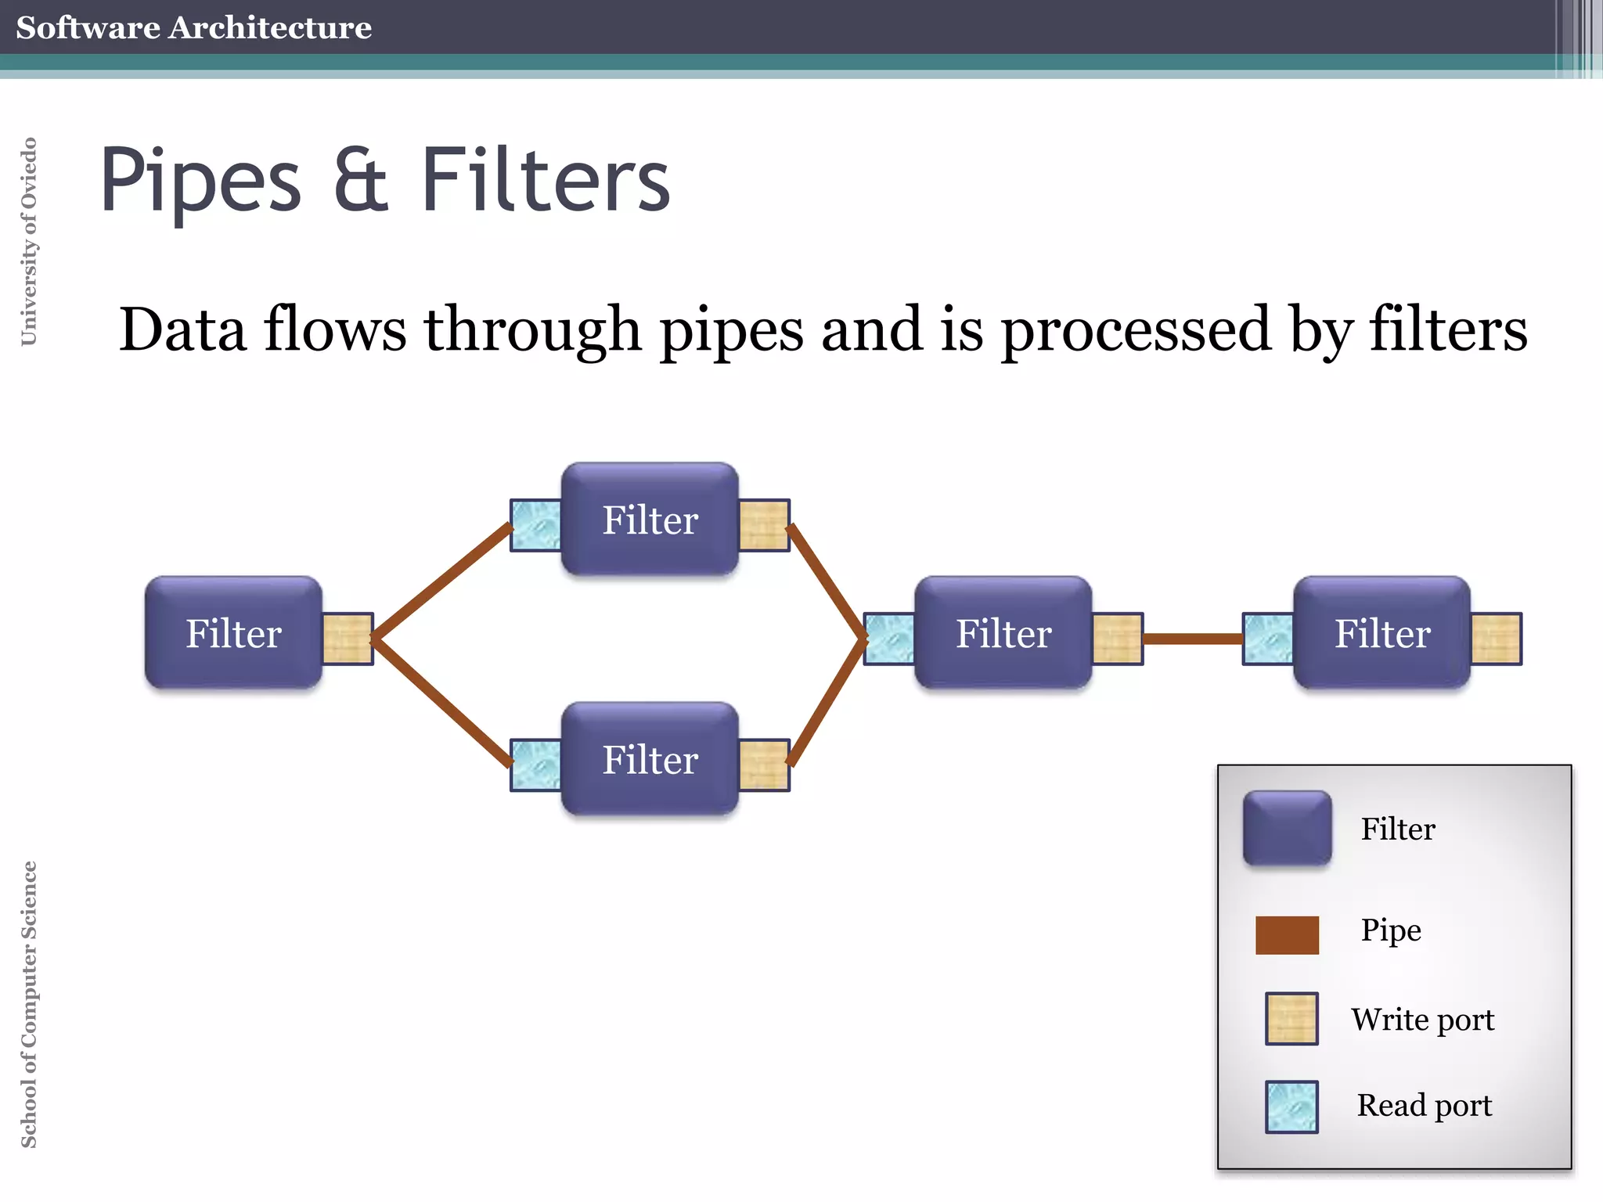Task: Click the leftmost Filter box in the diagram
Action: [x=233, y=633]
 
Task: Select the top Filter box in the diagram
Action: [x=650, y=520]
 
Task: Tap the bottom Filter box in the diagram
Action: [x=650, y=759]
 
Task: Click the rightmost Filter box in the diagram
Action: [x=1382, y=633]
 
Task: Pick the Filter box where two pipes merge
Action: [x=1003, y=633]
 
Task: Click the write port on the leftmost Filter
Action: [x=348, y=639]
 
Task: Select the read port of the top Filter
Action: [x=536, y=525]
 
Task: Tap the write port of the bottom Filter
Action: [x=764, y=765]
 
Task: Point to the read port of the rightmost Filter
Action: [x=1268, y=639]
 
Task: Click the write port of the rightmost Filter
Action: [x=1496, y=639]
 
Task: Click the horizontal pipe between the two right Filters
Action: [x=1193, y=639]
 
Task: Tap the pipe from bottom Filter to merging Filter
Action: [x=827, y=701]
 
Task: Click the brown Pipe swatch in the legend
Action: [x=1287, y=935]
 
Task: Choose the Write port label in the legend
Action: [x=1422, y=1020]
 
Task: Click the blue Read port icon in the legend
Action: [x=1291, y=1107]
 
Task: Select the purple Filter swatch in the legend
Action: [x=1287, y=828]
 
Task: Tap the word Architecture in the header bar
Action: [x=270, y=27]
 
